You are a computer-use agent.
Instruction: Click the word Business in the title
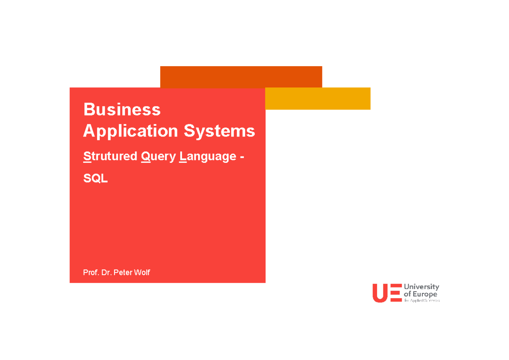pyautogui.click(x=122, y=109)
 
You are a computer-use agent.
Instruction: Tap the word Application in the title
pyautogui.click(x=131, y=131)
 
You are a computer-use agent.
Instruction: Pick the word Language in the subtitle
pyautogui.click(x=208, y=157)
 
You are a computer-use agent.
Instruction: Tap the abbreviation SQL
pyautogui.click(x=95, y=179)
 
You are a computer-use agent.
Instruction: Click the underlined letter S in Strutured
pyautogui.click(x=87, y=156)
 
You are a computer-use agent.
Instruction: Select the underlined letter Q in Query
pyautogui.click(x=146, y=156)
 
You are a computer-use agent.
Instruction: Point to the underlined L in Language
pyautogui.click(x=182, y=156)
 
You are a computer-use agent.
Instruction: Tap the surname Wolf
pyautogui.click(x=142, y=272)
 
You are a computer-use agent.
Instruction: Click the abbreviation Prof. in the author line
pyautogui.click(x=91, y=272)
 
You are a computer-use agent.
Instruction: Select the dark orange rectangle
pyautogui.click(x=241, y=77)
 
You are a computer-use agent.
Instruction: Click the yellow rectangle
pyautogui.click(x=318, y=98)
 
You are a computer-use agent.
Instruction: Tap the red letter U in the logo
pyautogui.click(x=380, y=293)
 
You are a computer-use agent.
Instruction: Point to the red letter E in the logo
pyautogui.click(x=395, y=293)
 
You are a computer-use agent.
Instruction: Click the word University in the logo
pyautogui.click(x=421, y=287)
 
